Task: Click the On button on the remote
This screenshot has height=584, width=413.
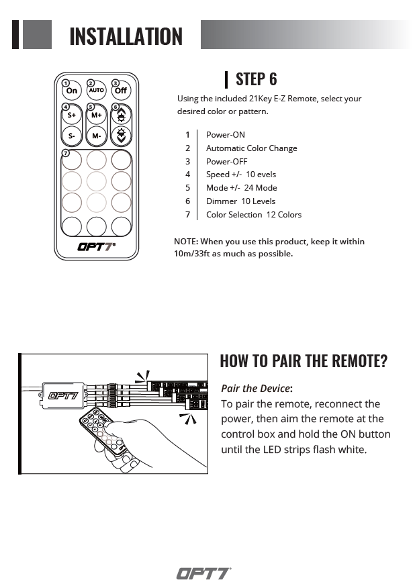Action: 72,90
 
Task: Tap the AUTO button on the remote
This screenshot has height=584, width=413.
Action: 96,90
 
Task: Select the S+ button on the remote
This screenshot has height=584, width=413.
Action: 72,115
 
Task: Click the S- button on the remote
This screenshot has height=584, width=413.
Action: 72,136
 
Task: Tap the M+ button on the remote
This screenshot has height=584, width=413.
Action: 96,115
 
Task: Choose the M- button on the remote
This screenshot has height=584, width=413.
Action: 96,136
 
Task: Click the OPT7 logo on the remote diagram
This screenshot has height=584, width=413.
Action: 96,246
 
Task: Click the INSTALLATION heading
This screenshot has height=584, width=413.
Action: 126,36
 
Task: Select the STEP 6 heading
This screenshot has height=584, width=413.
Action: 256,79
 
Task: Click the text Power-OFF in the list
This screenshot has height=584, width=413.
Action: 226,161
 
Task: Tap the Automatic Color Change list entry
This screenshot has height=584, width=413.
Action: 251,148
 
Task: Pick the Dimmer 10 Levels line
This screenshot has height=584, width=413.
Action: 240,201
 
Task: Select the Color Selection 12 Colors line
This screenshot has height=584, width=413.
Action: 253,214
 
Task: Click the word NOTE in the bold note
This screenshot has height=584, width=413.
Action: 185,241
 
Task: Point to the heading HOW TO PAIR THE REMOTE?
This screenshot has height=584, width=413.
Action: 304,360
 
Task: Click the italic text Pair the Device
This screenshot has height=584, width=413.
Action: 256,389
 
